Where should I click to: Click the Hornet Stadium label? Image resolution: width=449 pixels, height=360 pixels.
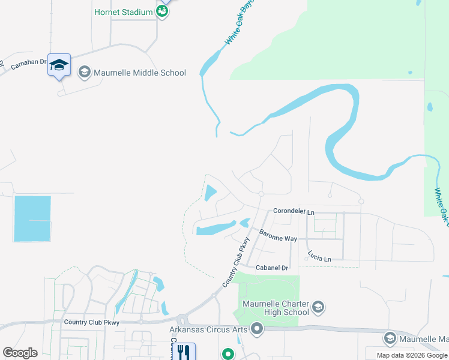point(124,12)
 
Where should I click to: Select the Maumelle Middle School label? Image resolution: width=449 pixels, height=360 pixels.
point(140,73)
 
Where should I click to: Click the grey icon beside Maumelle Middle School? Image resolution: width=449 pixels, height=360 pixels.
point(84,73)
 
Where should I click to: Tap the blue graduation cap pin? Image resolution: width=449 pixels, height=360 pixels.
point(59,65)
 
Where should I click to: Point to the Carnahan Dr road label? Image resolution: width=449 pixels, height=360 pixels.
point(29,64)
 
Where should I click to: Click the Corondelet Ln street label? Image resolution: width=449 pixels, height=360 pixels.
point(294,212)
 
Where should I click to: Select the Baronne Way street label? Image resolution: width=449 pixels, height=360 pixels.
point(278,235)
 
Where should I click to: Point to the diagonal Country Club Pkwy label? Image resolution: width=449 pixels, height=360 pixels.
point(235,261)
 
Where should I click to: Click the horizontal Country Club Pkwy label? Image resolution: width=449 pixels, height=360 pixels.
point(92,322)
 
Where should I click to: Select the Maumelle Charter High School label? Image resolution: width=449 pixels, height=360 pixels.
point(276,308)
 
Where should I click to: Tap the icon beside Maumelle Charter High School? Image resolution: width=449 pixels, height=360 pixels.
point(318,308)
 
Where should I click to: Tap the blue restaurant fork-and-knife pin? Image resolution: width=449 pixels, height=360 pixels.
point(184,352)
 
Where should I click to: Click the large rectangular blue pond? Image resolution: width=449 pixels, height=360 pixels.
point(32,218)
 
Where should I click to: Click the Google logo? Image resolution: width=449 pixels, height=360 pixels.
point(20,353)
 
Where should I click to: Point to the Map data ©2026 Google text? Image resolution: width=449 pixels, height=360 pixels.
point(412,355)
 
